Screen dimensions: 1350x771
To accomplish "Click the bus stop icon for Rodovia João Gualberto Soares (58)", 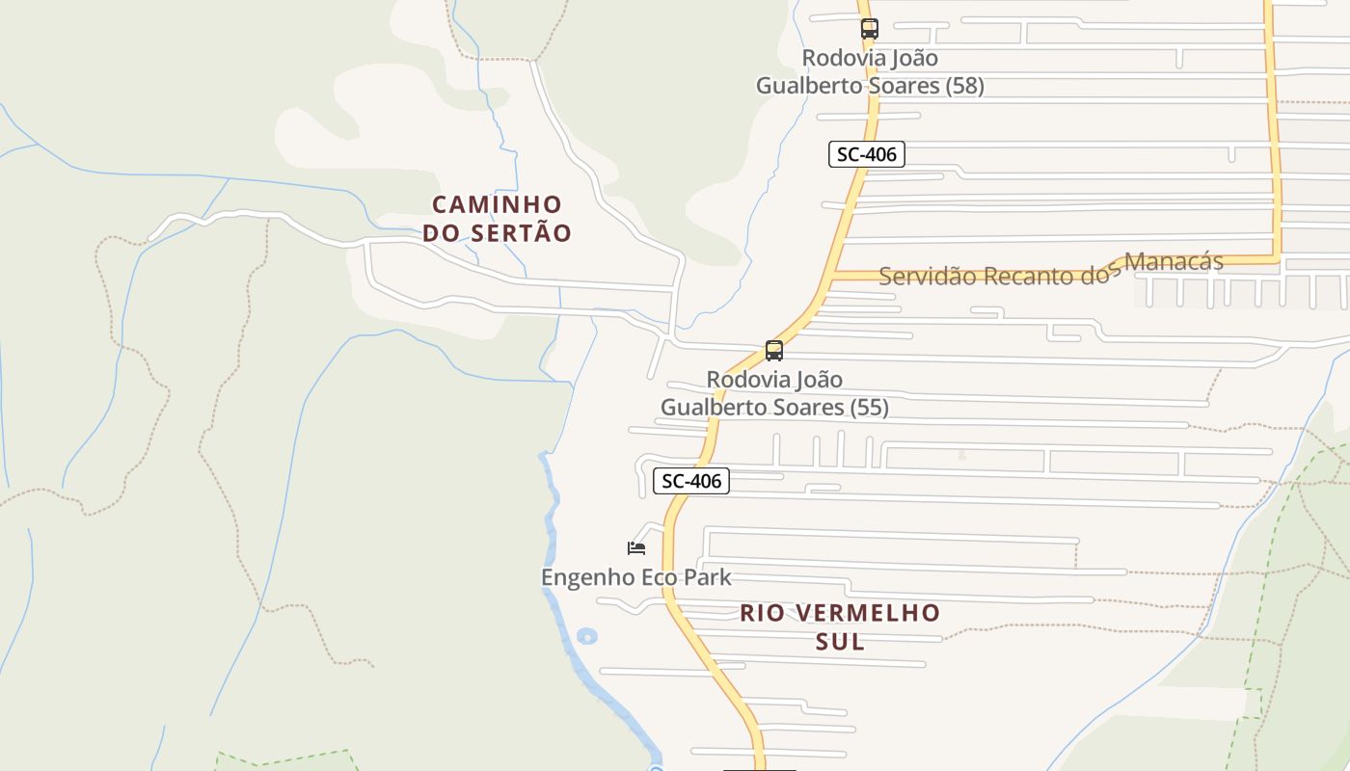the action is click(x=869, y=29).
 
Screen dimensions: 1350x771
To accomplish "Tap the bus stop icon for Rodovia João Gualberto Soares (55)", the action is click(x=773, y=351).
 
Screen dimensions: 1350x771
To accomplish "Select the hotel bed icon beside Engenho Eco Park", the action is click(x=635, y=548).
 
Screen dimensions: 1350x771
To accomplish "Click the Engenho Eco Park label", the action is click(x=636, y=577).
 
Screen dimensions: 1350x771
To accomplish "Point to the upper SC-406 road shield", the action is click(x=866, y=154).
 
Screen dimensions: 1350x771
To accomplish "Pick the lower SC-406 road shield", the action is click(x=690, y=480).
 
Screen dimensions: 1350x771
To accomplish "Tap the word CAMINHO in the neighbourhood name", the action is click(x=497, y=204).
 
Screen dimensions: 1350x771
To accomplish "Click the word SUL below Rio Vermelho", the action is click(x=840, y=642).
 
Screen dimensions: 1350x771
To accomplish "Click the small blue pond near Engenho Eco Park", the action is click(x=586, y=636).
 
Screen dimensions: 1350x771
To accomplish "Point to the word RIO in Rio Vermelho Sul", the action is click(x=761, y=613).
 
